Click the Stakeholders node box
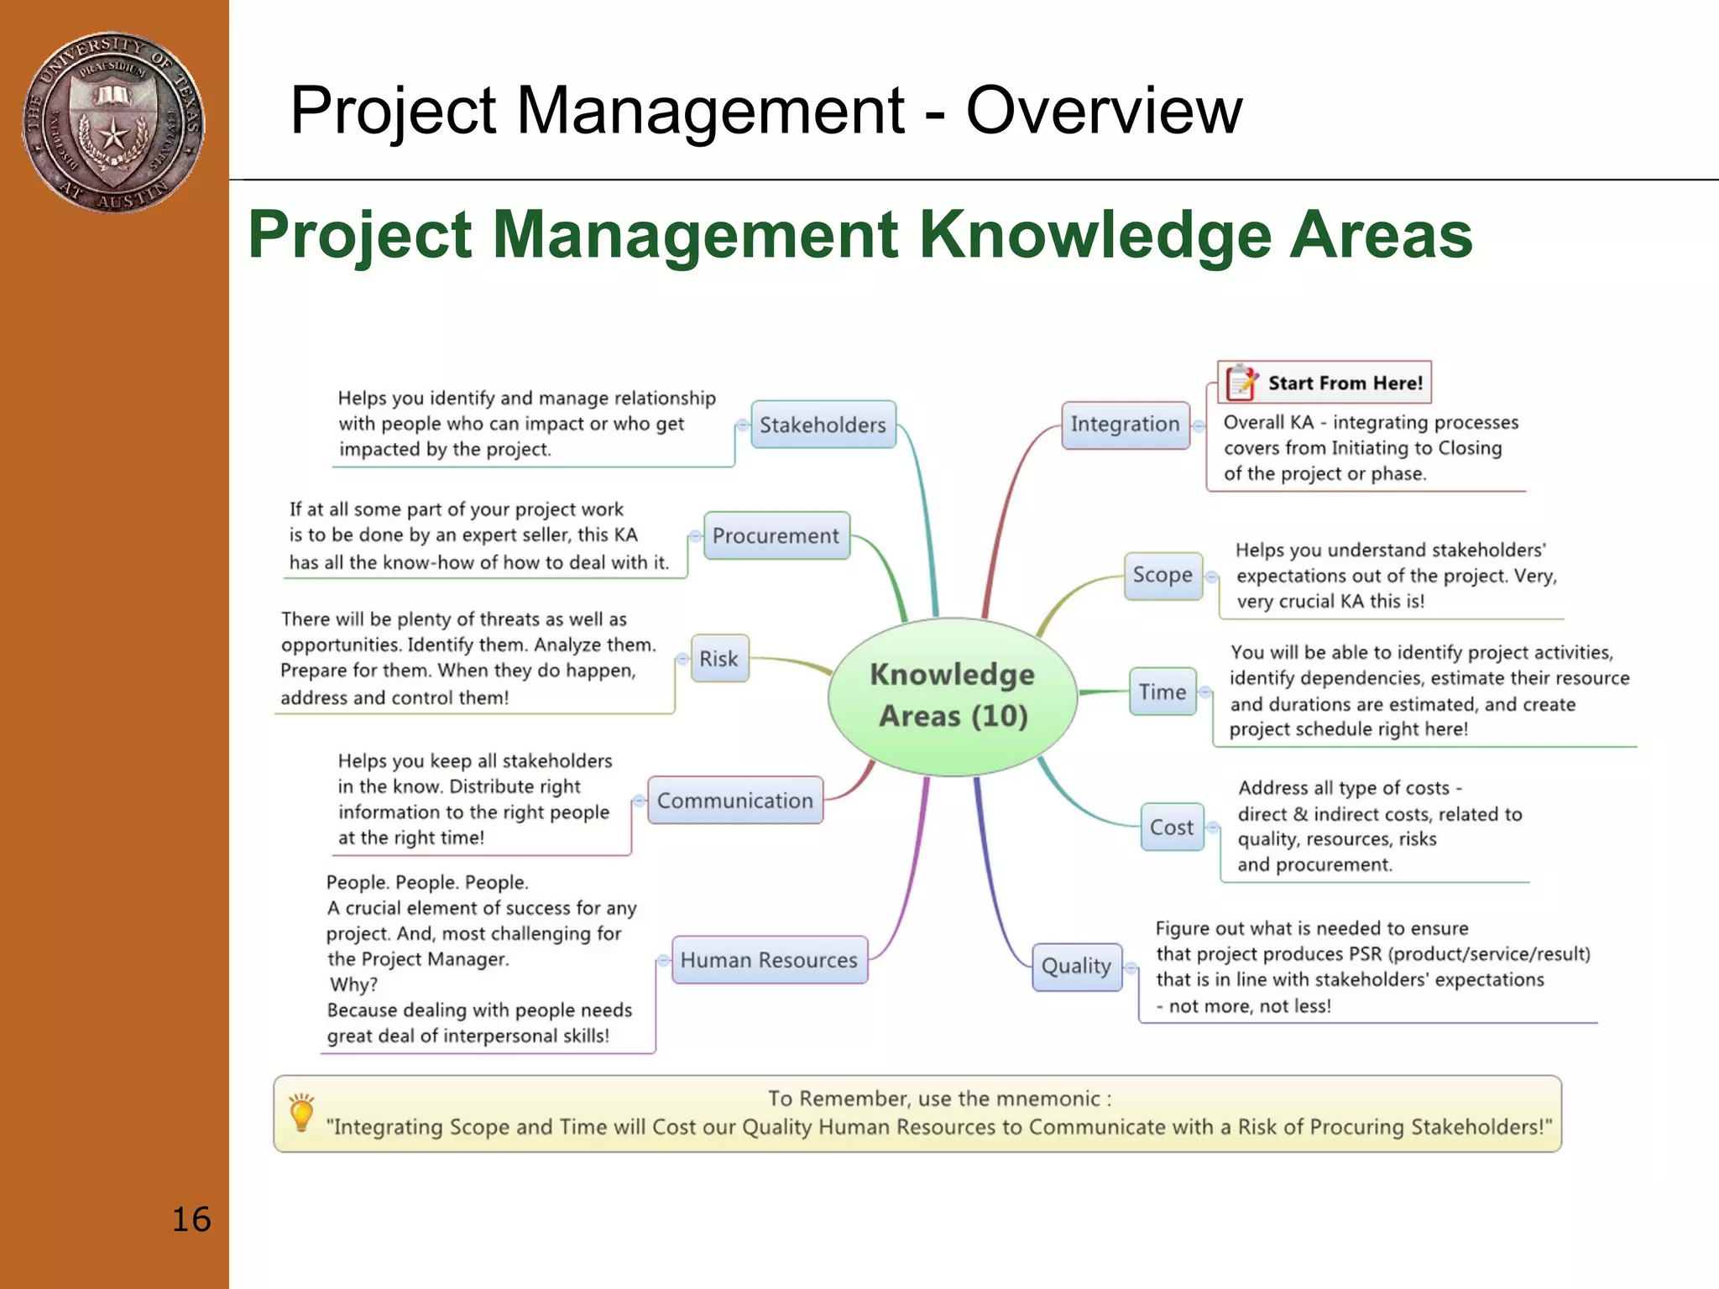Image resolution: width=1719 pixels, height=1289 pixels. coord(823,425)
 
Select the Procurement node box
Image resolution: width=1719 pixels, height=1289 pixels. coord(776,535)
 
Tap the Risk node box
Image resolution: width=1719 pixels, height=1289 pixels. coord(718,659)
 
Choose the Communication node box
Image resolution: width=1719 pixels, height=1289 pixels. coord(735,801)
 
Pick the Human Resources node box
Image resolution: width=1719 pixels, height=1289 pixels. coord(769,960)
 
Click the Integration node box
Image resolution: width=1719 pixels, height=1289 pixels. coord(1125,425)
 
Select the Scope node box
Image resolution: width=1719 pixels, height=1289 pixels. coord(1163,576)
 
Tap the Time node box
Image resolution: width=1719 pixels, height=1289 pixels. coord(1163,692)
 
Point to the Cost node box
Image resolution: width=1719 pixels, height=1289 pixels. coord(1172,827)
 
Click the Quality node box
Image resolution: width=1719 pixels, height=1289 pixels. coord(1076,967)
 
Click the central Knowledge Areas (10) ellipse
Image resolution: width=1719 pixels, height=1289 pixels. coord(953,696)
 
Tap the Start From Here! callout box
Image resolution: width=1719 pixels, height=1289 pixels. coord(1325,383)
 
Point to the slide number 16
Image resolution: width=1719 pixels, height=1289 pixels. coord(191,1219)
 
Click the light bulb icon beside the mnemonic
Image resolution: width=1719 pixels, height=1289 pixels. coord(301,1114)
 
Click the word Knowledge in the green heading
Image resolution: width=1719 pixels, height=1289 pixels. coord(1096,235)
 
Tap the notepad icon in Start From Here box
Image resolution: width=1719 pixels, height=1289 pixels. coord(1241,382)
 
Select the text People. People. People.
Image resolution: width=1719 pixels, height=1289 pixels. coord(427,883)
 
